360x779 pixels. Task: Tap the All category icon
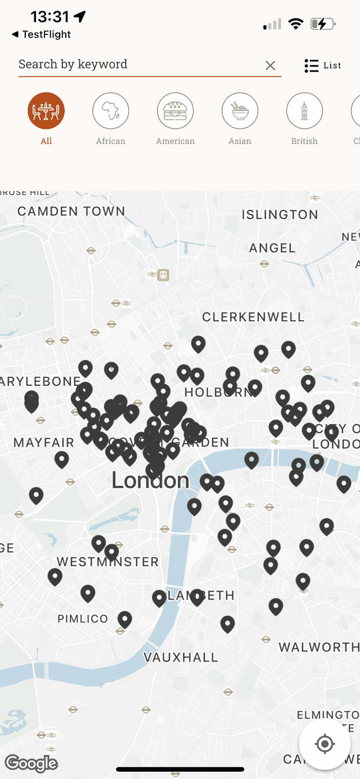[46, 111]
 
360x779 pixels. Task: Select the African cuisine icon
[111, 111]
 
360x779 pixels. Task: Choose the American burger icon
[175, 111]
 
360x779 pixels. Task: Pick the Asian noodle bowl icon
[240, 111]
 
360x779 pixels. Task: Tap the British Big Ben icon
[304, 111]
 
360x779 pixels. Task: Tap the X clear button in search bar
[271, 66]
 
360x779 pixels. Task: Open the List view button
[323, 66]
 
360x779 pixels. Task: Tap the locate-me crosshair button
[325, 744]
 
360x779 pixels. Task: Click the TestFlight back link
[42, 34]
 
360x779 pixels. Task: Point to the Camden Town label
[71, 211]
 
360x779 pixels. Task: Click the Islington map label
[280, 214]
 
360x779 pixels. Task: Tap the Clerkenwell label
[253, 317]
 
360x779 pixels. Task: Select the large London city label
[150, 480]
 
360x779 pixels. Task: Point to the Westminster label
[108, 561]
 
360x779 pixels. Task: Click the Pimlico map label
[83, 619]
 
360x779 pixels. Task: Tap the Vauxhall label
[181, 657]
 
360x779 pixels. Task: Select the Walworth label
[318, 647]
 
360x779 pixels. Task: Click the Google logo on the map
[31, 763]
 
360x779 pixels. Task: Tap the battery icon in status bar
[323, 24]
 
